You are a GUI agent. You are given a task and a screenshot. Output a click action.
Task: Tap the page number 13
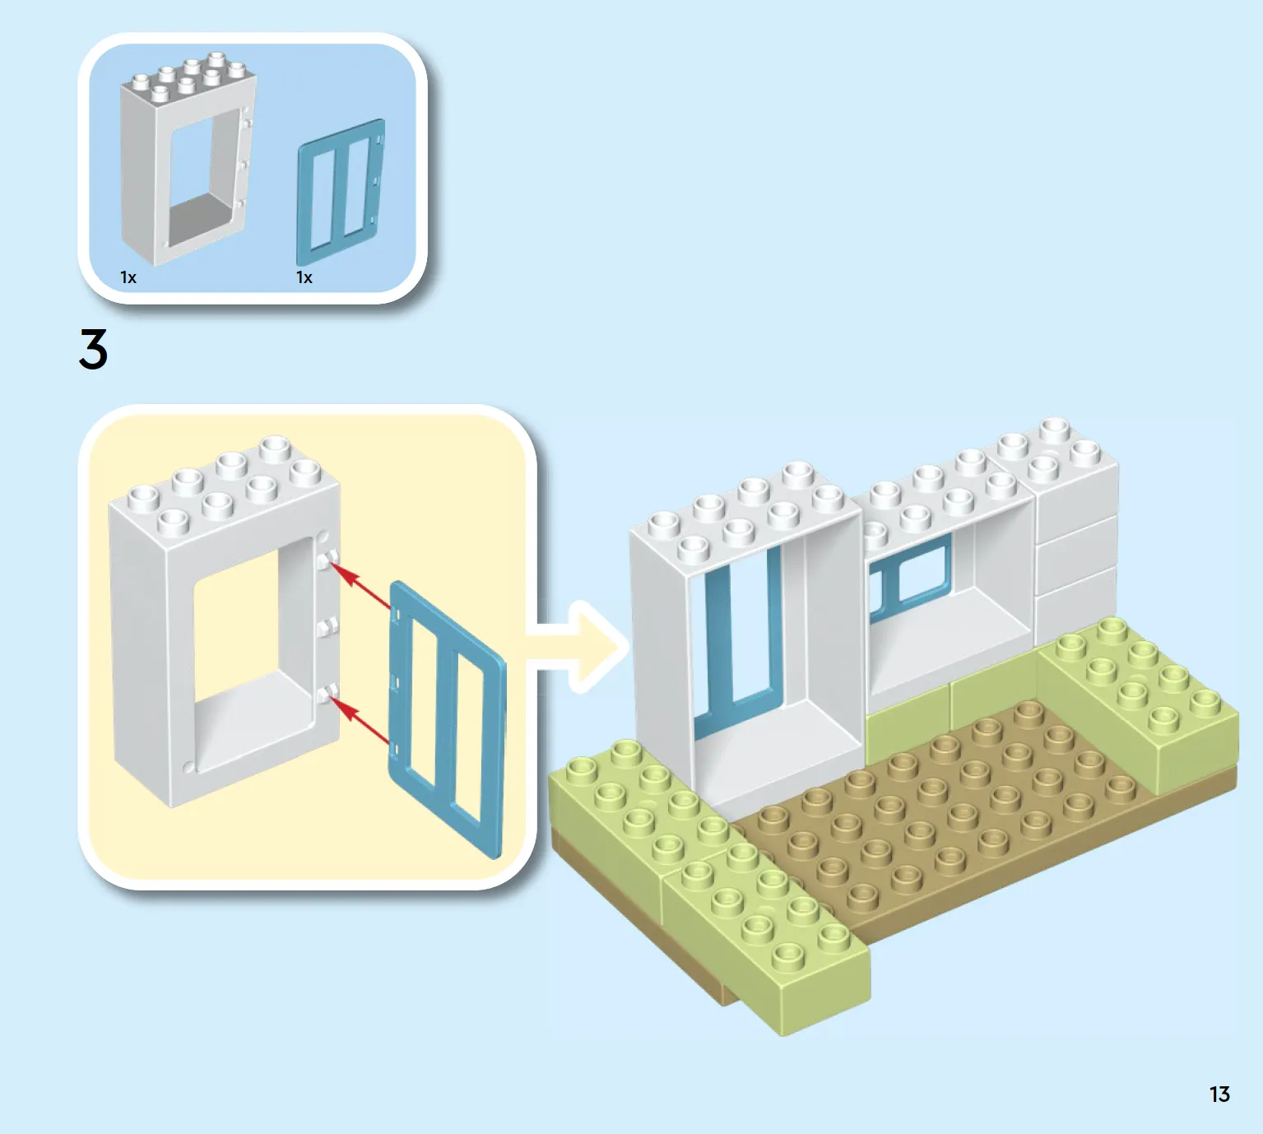click(x=1219, y=1094)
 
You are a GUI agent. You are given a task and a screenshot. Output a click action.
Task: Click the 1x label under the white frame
click(x=128, y=277)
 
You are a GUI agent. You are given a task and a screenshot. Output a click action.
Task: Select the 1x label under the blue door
click(x=304, y=277)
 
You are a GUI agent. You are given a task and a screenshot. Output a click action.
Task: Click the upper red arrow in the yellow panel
click(x=360, y=585)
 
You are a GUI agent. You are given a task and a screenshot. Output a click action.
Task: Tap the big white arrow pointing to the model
click(x=577, y=647)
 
